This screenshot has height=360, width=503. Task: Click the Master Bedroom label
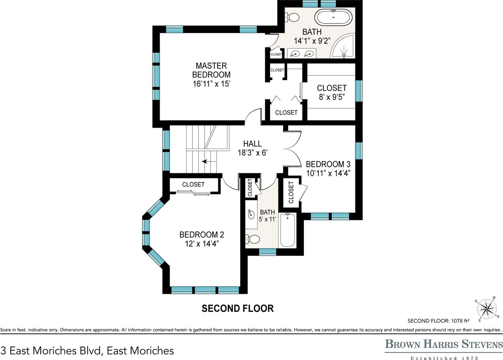pyautogui.click(x=211, y=70)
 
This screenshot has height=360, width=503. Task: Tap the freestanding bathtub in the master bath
pyautogui.click(x=333, y=18)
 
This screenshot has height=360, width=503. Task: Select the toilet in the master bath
pyautogui.click(x=292, y=17)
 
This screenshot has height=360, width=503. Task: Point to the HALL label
pyautogui.click(x=252, y=144)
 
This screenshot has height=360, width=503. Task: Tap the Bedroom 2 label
pyautogui.click(x=202, y=235)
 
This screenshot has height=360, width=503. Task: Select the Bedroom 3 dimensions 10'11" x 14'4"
pyautogui.click(x=328, y=173)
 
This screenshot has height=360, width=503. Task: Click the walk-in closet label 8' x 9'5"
pyautogui.click(x=332, y=97)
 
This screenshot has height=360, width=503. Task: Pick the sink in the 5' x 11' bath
pyautogui.click(x=251, y=214)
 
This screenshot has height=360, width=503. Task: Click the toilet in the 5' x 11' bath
pyautogui.click(x=253, y=239)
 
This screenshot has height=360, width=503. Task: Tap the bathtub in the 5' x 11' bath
pyautogui.click(x=287, y=230)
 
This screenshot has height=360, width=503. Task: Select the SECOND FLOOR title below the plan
pyautogui.click(x=237, y=308)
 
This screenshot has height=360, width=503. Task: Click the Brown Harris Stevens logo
pyautogui.click(x=444, y=347)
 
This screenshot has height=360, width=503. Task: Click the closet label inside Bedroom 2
pyautogui.click(x=193, y=185)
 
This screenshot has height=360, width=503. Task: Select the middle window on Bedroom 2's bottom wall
pyautogui.click(x=205, y=290)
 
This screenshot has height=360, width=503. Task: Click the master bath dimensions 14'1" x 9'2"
pyautogui.click(x=312, y=41)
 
